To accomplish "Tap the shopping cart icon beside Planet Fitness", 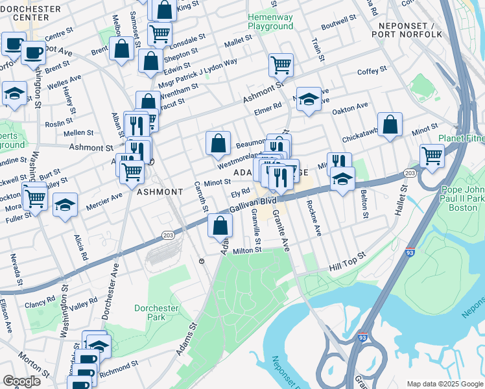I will (x=432, y=156).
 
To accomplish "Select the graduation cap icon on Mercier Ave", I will (x=65, y=205).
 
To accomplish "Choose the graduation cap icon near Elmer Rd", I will (x=309, y=99).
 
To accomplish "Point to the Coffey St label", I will (x=372, y=69).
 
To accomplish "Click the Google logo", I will (x=21, y=381).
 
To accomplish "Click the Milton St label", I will (x=247, y=250).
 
